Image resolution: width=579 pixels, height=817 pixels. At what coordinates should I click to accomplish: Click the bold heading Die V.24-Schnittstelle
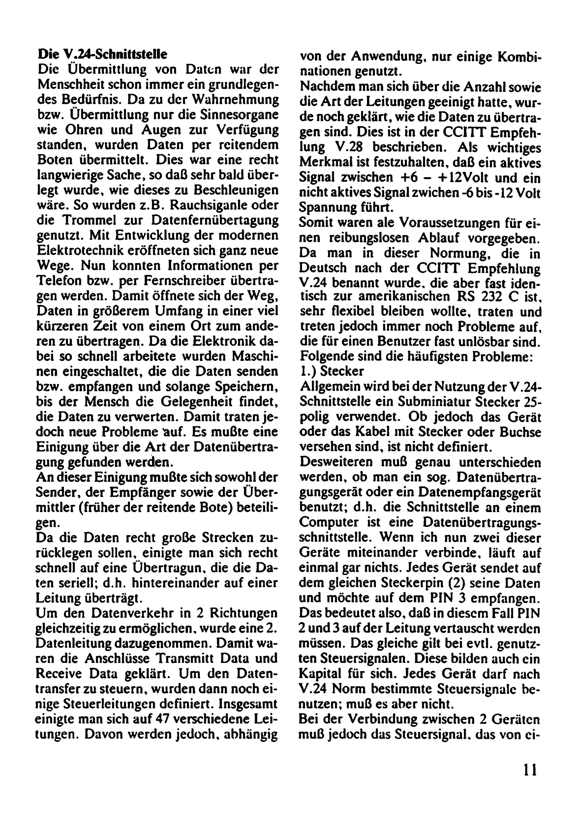point(102,54)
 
